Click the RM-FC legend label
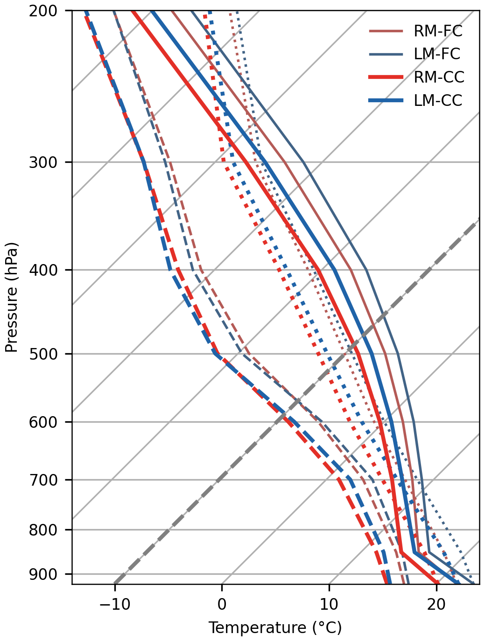438,31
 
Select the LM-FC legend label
437,54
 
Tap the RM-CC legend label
439,77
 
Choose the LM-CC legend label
438,100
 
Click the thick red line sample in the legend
386,77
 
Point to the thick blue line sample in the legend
386,100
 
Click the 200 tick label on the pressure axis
43,11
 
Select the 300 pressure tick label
43,162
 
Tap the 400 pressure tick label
43,270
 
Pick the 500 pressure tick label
43,354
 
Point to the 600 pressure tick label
43,422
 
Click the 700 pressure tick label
43,480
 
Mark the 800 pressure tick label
43,530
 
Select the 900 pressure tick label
43,574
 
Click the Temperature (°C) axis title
275,628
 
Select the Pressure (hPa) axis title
12,297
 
